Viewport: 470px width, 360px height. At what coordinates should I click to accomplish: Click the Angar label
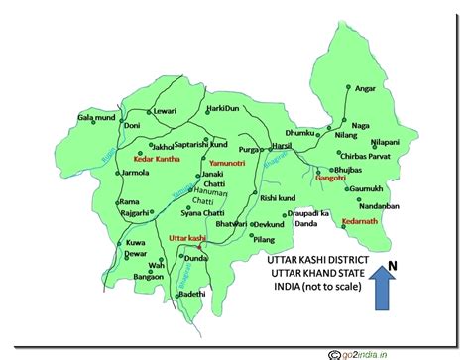point(367,87)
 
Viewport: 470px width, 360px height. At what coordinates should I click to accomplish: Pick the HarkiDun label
point(224,107)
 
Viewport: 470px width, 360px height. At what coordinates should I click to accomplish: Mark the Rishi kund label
point(278,198)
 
